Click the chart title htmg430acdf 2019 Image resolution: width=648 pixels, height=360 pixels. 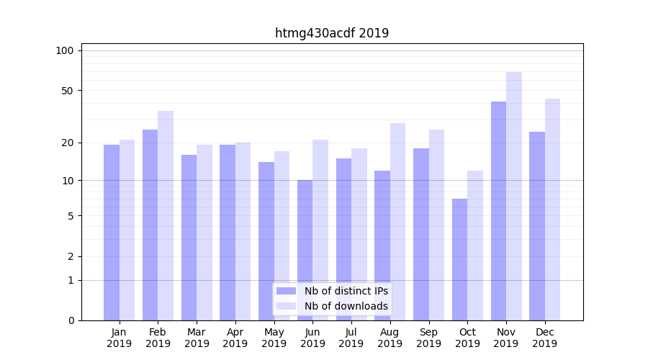point(332,33)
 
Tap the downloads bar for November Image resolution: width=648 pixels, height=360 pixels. point(514,196)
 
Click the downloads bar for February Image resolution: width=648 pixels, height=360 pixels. point(166,215)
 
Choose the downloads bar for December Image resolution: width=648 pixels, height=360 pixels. point(552,210)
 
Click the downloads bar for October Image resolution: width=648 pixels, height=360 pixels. point(475,246)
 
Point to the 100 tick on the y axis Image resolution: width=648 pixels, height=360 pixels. point(65,50)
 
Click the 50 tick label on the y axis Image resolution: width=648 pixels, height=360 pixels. point(67,91)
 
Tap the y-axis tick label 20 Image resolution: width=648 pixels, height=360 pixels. point(67,143)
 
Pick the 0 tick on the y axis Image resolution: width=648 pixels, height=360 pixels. point(70,320)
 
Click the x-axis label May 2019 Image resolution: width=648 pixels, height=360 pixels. point(274,338)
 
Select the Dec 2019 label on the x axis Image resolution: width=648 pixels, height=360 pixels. point(544,338)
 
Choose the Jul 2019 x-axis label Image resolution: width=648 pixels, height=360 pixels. point(351,338)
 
